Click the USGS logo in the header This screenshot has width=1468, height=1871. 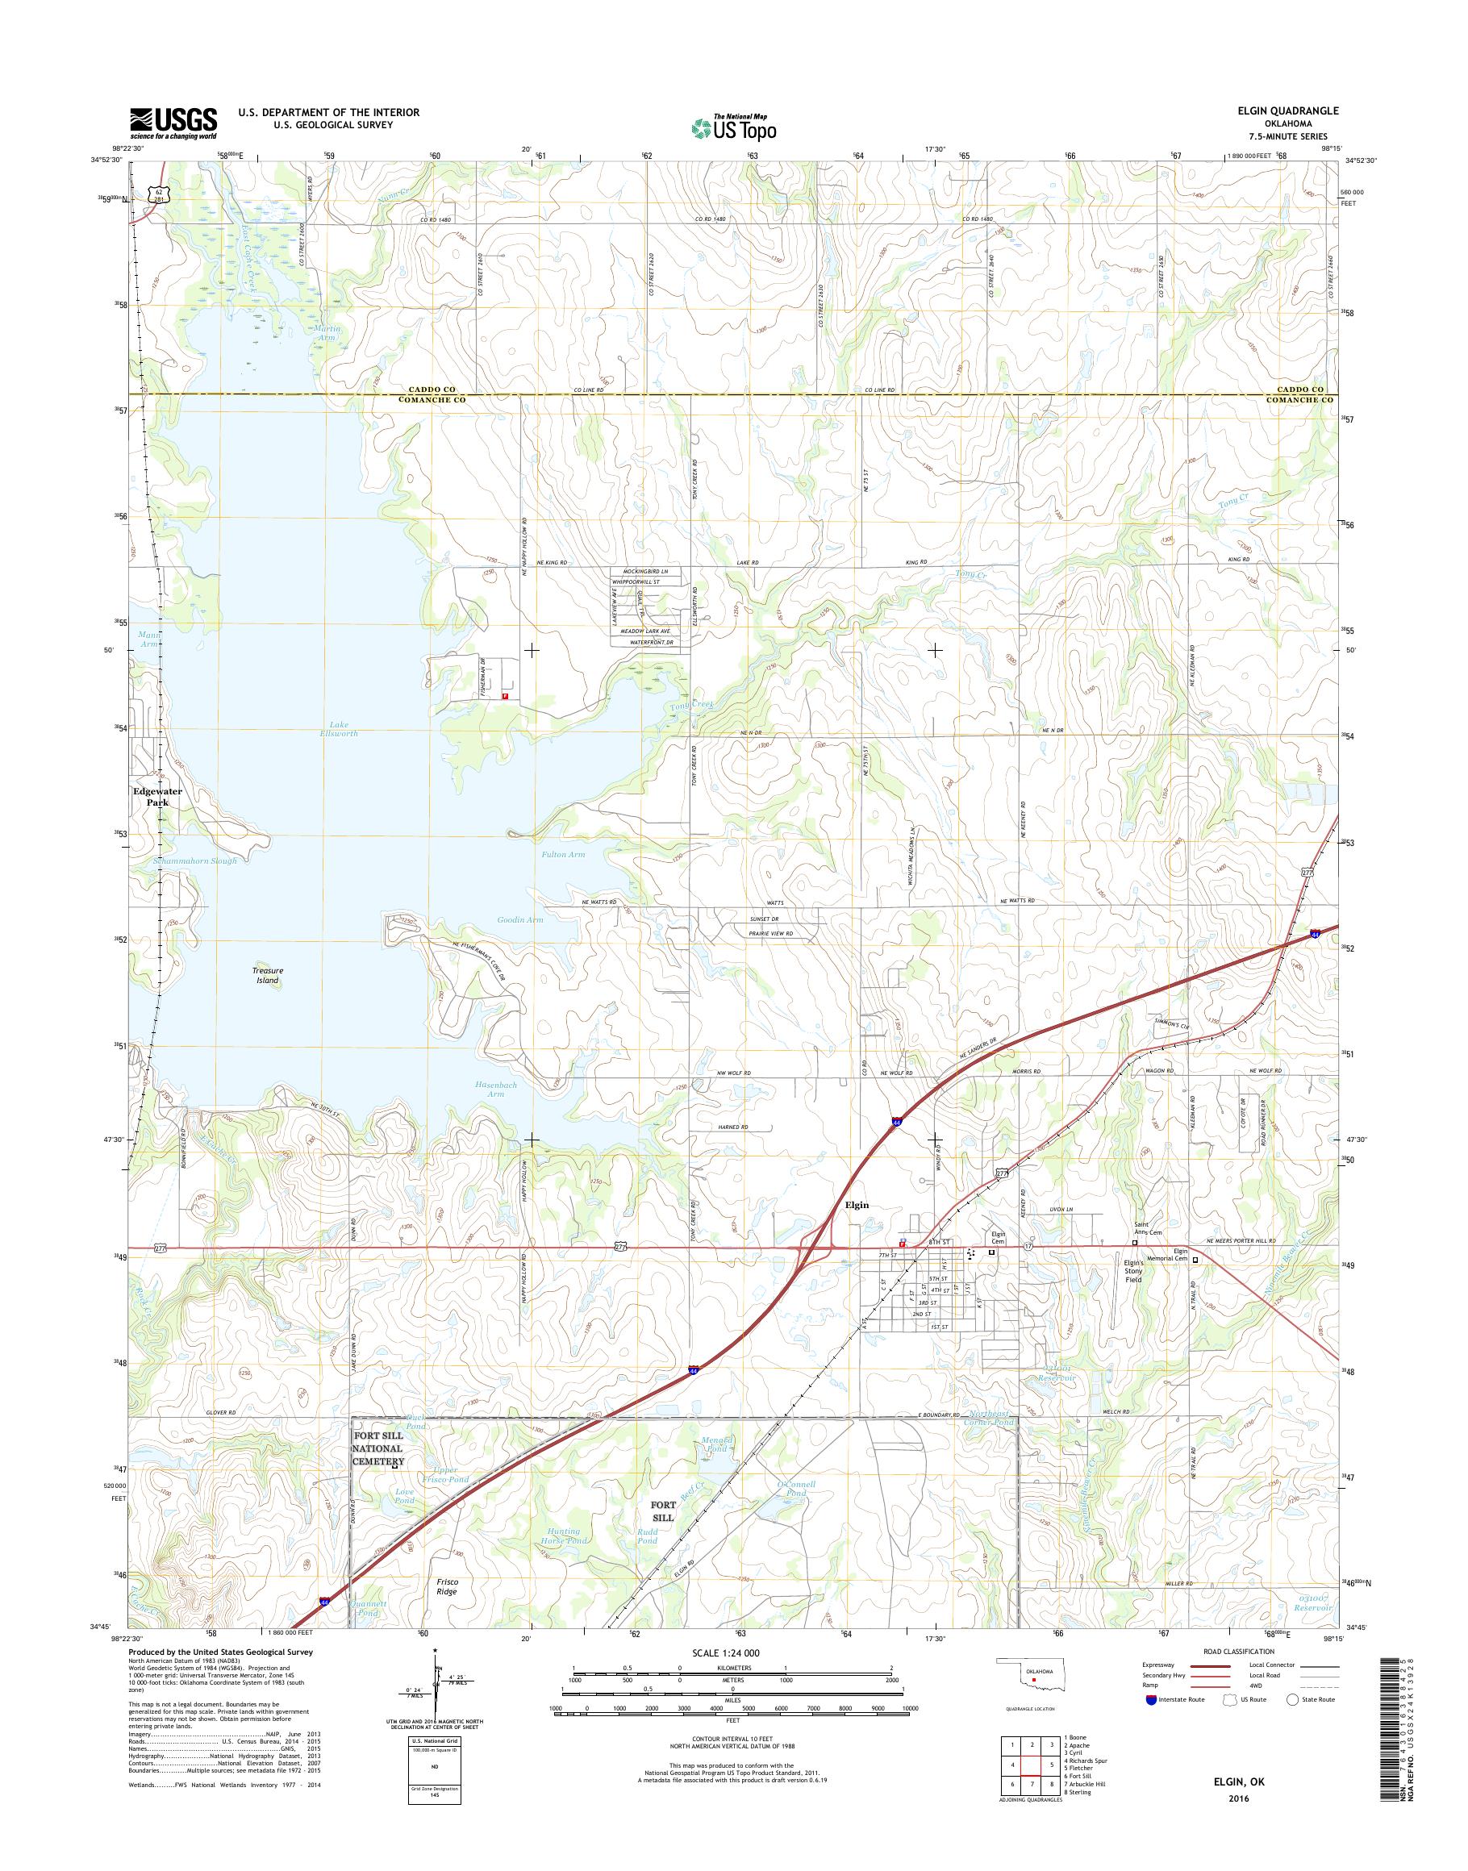tap(173, 123)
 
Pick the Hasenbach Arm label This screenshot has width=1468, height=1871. tap(495, 1089)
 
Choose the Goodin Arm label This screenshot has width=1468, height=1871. tap(520, 919)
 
